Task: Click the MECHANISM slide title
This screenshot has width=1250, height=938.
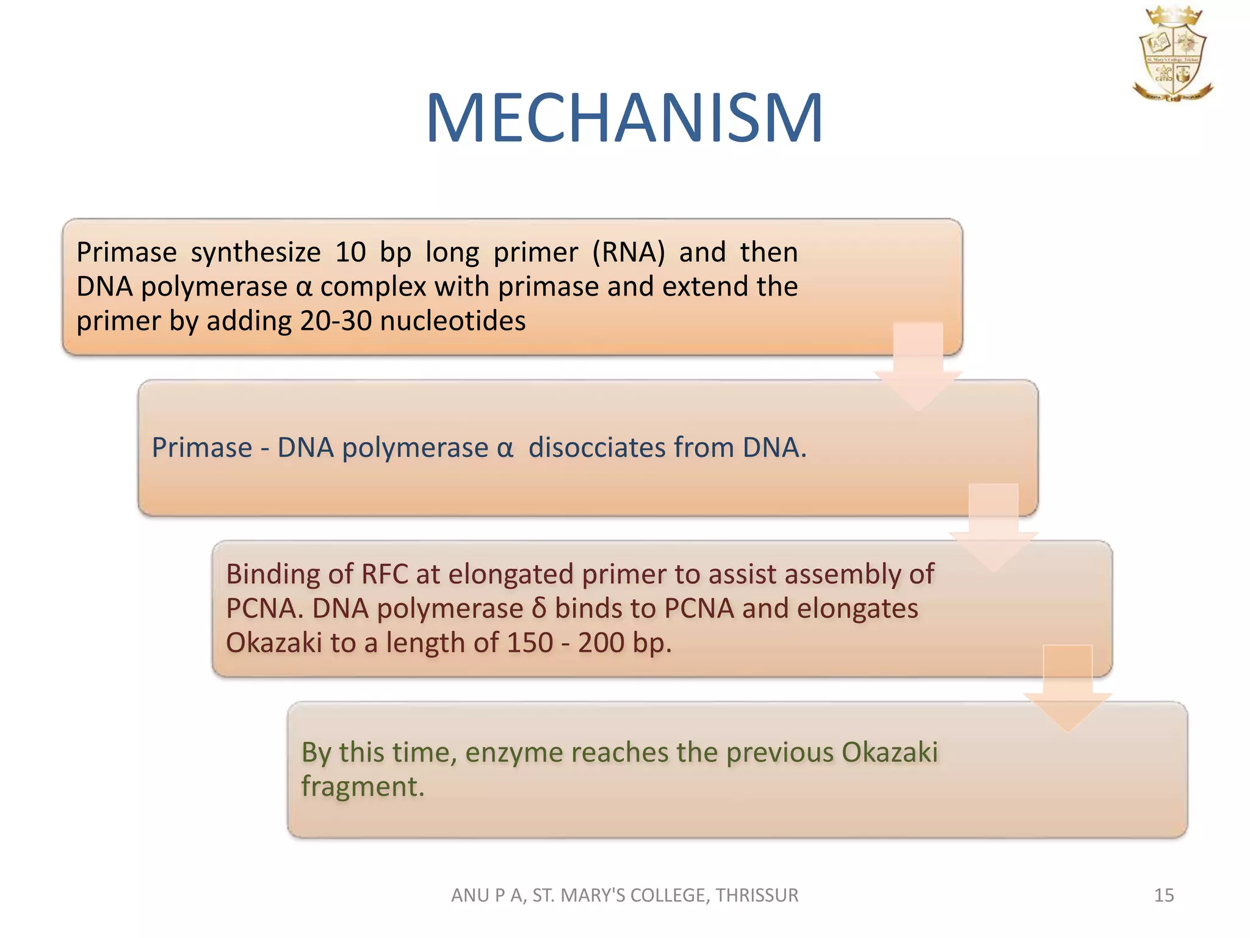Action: (624, 118)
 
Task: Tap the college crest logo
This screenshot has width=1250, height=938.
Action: (1172, 54)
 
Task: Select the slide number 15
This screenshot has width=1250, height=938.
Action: (1163, 895)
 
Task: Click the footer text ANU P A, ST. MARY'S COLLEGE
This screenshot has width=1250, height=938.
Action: (624, 895)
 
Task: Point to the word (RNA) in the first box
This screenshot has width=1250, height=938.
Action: (628, 252)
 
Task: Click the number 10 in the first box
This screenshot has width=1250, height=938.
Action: (350, 252)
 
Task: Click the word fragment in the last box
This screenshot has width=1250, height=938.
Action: (361, 787)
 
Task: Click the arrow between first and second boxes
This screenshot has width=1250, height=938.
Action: (917, 366)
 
